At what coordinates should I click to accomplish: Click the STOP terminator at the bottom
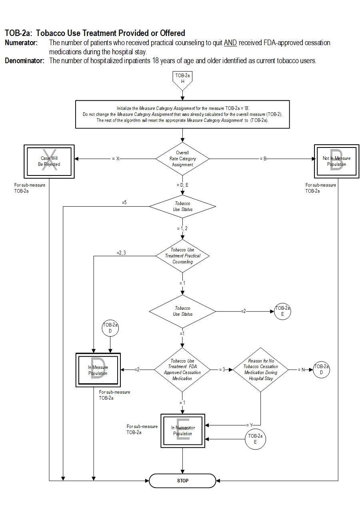point(182,480)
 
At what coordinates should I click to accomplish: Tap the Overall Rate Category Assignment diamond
point(182,159)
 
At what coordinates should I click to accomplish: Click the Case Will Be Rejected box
point(49,161)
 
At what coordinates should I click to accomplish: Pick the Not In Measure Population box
point(336,161)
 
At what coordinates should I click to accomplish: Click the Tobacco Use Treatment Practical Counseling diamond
point(182,256)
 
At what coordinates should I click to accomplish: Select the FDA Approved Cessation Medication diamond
point(182,370)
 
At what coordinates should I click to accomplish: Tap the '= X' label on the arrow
point(116,159)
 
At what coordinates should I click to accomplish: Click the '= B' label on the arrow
point(263,159)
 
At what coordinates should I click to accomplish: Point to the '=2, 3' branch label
point(121,253)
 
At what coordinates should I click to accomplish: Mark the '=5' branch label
point(124,202)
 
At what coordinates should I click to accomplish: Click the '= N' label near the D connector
point(301,370)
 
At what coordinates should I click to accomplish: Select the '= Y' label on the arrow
point(250,425)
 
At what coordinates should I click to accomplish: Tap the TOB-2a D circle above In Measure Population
point(110,328)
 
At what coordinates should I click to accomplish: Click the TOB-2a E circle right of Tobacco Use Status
point(282,311)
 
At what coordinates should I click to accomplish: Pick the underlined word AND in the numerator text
point(230,43)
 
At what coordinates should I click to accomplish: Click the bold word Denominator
point(24,61)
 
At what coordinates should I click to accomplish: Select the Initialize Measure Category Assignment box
point(182,114)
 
